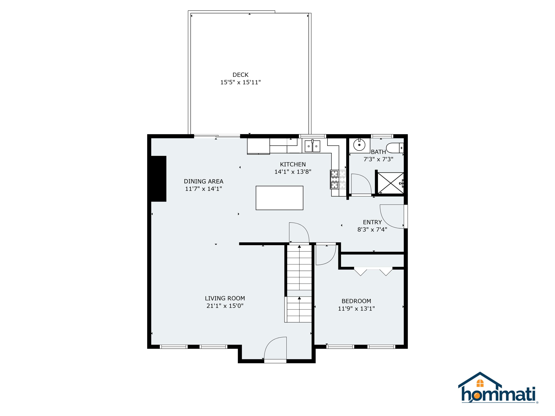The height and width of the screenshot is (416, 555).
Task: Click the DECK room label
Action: (x=240, y=75)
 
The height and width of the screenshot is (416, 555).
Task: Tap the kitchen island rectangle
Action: (x=279, y=198)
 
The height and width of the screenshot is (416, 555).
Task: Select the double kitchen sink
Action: (x=312, y=146)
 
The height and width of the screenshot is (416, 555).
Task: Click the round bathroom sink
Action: (x=359, y=145)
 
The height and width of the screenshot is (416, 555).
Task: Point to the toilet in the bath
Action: (x=394, y=148)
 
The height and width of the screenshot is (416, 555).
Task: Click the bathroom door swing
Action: (x=360, y=184)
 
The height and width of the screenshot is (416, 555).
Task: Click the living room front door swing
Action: (x=275, y=349)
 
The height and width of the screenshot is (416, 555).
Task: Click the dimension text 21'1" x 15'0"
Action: (x=225, y=306)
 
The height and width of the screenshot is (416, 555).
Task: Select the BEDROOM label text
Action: (x=356, y=301)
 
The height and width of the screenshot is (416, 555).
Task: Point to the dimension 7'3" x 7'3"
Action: (x=378, y=159)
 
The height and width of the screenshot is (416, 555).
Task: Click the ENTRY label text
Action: (x=372, y=222)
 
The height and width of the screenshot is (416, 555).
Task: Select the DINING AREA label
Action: (x=203, y=181)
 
